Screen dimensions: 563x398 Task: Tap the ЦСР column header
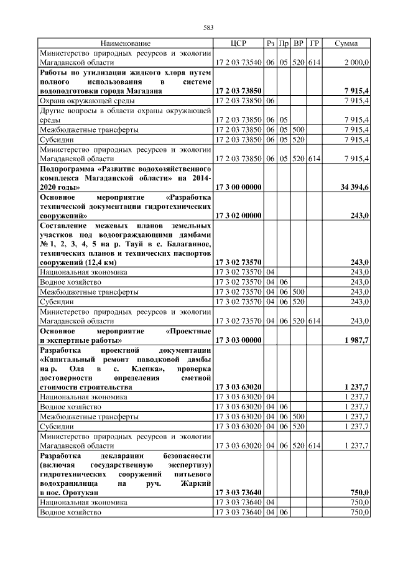238,44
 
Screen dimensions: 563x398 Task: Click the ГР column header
315,44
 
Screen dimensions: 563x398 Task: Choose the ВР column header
298,44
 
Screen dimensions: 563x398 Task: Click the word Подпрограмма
67,169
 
